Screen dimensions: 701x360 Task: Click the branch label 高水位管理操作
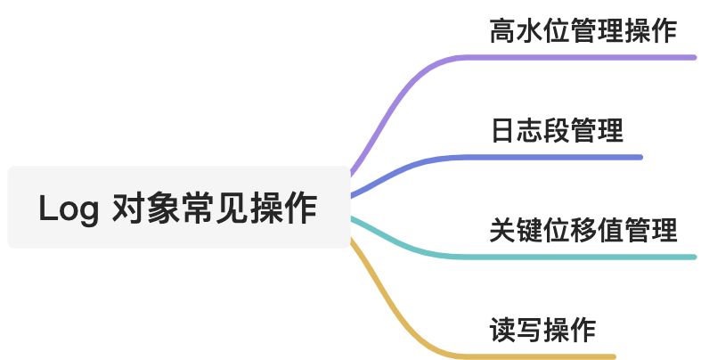pyautogui.click(x=583, y=32)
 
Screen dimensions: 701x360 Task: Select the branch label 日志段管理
pyautogui.click(x=557, y=131)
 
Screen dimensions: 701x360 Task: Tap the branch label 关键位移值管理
pyautogui.click(x=583, y=231)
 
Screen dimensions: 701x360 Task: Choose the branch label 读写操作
pyautogui.click(x=543, y=331)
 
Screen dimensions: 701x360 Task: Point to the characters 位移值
pyautogui.click(x=583, y=231)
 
